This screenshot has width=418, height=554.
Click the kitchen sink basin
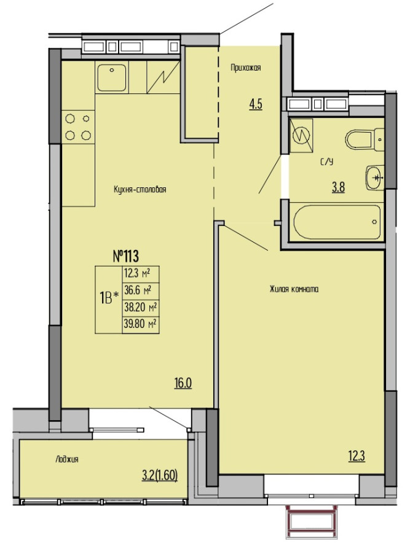(112, 77)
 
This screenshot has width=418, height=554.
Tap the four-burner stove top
(78, 127)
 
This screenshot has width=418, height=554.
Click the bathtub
(337, 222)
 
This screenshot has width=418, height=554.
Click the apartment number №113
(125, 256)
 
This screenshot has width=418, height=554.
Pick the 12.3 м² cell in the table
(140, 274)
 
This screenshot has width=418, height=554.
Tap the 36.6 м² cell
(140, 291)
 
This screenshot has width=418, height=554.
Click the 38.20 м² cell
(140, 308)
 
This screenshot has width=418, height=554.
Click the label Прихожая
(246, 68)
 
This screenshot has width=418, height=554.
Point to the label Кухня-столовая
(140, 189)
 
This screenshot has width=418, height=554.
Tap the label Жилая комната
(293, 289)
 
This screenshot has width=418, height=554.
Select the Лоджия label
(67, 459)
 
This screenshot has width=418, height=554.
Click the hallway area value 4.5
(255, 105)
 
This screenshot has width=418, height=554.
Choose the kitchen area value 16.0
(183, 383)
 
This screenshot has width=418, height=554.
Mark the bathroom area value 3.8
(338, 187)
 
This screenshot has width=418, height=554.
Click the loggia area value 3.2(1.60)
(159, 476)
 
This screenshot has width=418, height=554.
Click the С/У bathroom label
(327, 162)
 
